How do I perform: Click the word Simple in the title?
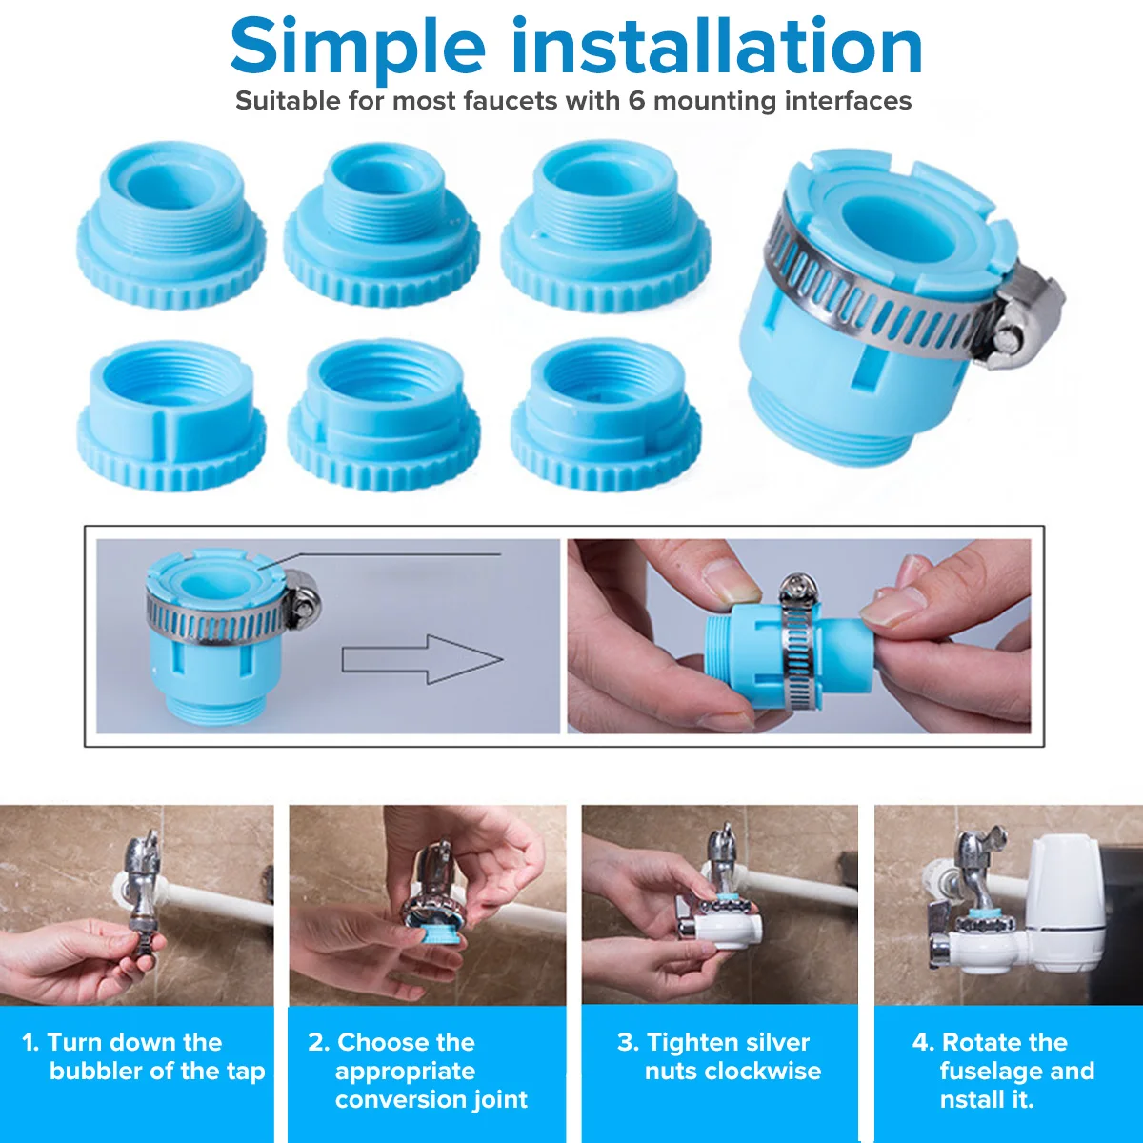click(x=358, y=49)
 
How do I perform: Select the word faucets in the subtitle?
click(x=511, y=101)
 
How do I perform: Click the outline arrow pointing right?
click(x=422, y=659)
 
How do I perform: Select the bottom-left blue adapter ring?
click(x=170, y=415)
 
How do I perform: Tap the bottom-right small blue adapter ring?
click(x=606, y=415)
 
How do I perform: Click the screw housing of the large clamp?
click(x=1026, y=316)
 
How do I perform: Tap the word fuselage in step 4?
click(x=991, y=1072)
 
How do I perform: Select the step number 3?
click(x=627, y=1042)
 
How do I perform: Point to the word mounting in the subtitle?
click(x=714, y=102)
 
